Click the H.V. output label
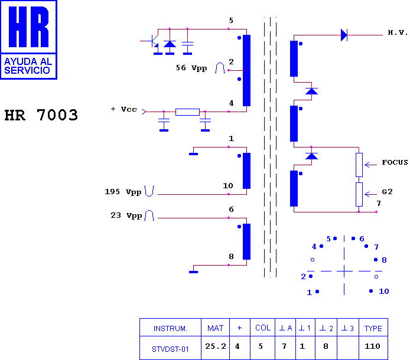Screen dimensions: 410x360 coord(398,32)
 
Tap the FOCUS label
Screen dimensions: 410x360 coord(395,162)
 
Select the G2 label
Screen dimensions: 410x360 coord(387,192)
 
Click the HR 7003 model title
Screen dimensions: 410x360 coord(41,115)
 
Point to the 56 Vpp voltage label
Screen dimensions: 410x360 coord(191,68)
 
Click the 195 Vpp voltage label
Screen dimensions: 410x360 coord(123,192)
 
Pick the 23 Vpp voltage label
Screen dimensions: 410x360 coord(126,215)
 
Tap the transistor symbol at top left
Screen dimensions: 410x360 coord(153,42)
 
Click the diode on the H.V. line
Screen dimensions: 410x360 coord(344,35)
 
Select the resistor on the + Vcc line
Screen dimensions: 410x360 coord(187,112)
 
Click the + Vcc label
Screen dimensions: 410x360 coord(123,109)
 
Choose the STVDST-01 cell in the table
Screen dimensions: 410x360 coord(170,349)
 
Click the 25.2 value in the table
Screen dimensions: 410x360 coord(216,346)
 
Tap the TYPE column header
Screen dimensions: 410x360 coord(373,328)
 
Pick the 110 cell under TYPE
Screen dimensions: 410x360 coord(372,346)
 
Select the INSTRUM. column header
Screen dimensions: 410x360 coord(170,328)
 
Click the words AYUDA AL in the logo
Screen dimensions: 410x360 coord(28,61)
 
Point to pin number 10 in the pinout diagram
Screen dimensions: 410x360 coord(384,292)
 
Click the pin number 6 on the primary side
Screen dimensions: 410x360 coord(231,210)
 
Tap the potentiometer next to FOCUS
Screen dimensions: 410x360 coord(359,165)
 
